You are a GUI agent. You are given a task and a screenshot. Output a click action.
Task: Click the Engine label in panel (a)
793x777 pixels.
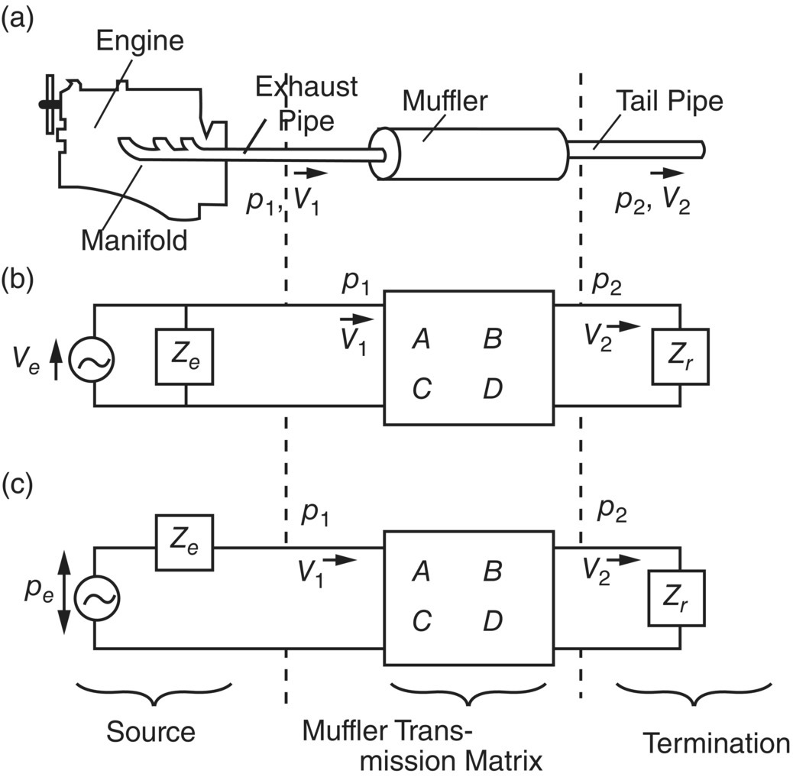point(140,40)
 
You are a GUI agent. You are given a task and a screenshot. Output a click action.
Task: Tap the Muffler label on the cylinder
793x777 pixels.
point(445,100)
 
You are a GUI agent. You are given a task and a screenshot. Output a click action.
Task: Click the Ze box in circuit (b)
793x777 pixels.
point(186,357)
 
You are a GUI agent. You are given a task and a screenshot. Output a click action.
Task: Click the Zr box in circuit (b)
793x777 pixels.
point(680,357)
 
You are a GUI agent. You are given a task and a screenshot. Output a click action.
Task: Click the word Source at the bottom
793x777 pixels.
point(151,731)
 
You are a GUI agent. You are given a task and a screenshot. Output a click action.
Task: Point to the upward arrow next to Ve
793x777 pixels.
point(55,361)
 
